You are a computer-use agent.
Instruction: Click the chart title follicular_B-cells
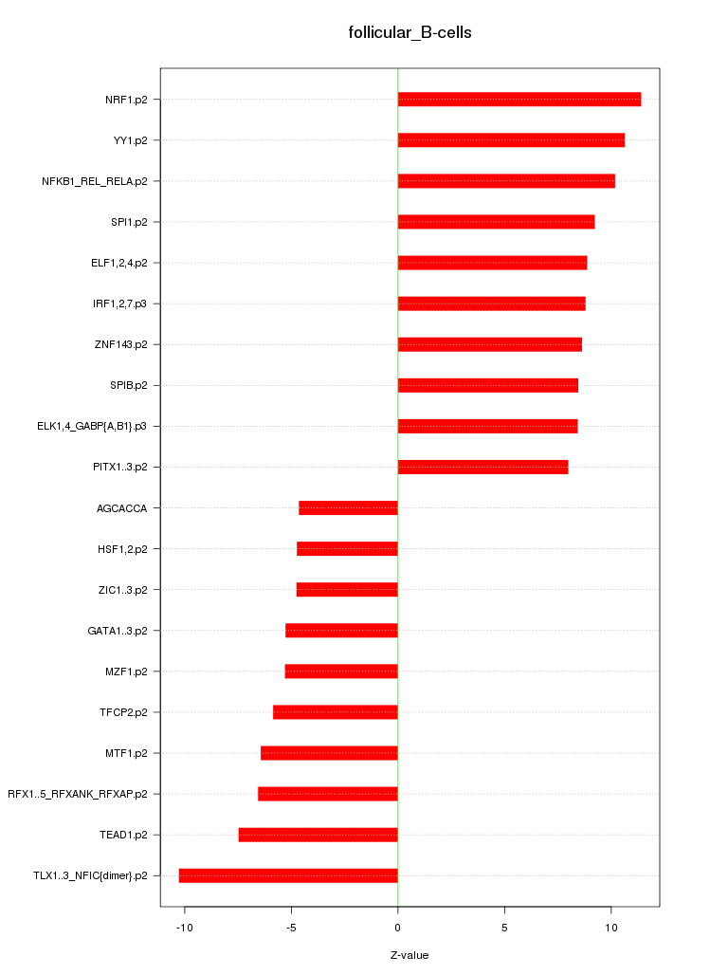point(409,33)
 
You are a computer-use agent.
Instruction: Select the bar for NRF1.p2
point(519,100)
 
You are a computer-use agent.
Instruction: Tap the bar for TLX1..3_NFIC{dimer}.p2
point(288,875)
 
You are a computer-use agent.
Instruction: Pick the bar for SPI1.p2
point(496,222)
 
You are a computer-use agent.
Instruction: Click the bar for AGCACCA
point(348,508)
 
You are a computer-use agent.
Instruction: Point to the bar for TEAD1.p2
point(318,835)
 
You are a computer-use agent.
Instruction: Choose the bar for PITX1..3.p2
point(482,467)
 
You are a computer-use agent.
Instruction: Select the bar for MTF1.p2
point(329,753)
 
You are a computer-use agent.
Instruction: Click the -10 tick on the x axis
point(184,927)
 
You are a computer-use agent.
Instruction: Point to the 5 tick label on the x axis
point(504,927)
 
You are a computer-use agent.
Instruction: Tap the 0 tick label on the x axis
point(398,927)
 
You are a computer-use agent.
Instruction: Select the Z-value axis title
point(409,955)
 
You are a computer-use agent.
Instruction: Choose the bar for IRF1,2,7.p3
point(491,304)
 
